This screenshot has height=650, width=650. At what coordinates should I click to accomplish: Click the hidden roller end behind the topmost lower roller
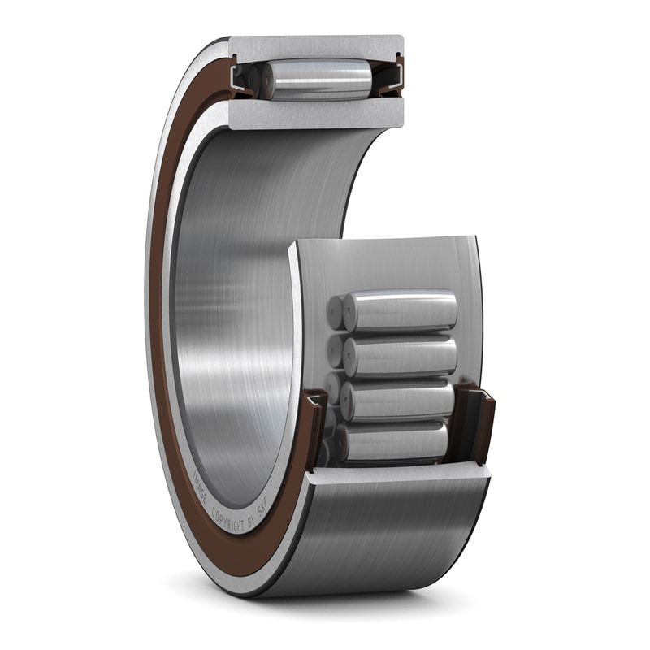(334, 312)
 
